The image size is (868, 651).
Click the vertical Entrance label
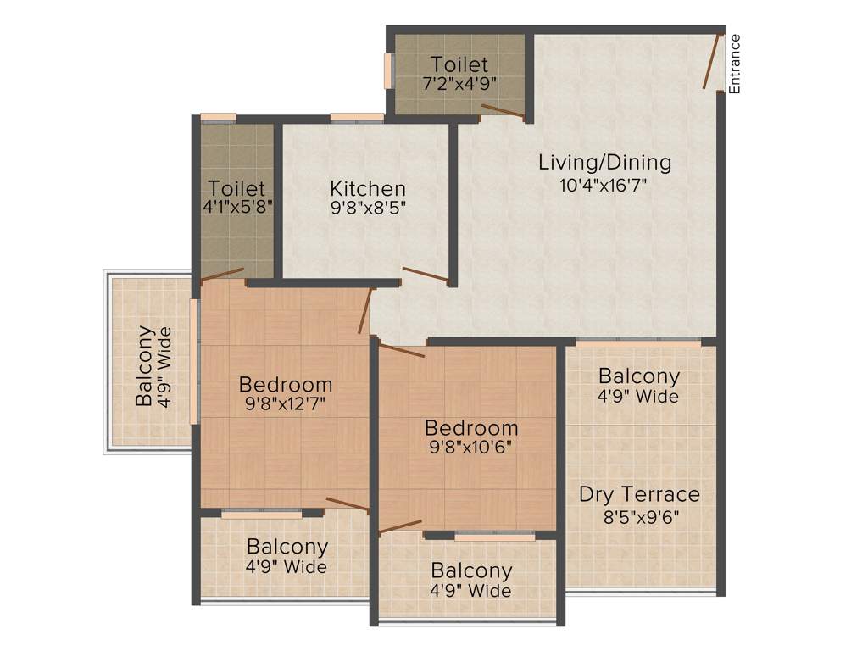735,64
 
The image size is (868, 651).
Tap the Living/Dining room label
604,162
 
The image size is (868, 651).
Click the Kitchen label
368,188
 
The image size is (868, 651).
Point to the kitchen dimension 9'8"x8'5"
368,209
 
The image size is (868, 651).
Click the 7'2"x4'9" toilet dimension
459,83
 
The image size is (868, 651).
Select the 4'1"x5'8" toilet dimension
237,208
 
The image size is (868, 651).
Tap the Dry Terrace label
639,493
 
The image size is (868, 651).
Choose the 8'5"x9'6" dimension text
639,516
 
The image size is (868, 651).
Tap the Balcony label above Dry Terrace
639,376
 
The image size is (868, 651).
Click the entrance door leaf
712,61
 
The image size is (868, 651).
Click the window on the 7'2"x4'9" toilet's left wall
391,70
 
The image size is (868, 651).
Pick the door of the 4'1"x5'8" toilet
222,274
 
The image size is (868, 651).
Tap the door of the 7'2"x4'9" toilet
503,109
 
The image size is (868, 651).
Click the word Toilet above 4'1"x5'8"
237,188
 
